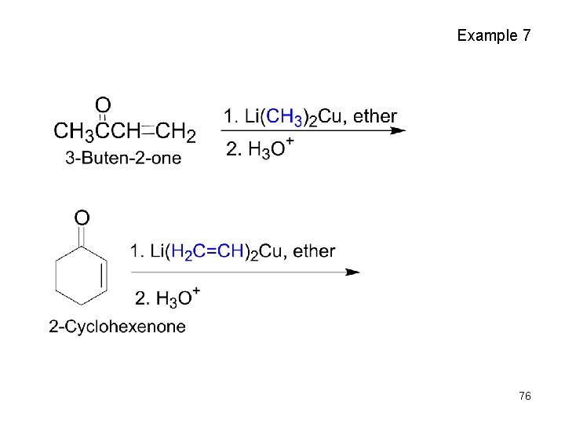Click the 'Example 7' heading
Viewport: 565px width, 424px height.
pos(494,35)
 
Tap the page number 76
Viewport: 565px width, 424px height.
pos(525,397)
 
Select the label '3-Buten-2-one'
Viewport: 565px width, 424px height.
pos(123,158)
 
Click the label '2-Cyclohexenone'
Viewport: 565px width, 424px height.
pos(117,327)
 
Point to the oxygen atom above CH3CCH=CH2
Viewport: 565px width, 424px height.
pos(103,104)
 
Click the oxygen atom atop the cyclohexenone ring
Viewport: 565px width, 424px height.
pos(81,217)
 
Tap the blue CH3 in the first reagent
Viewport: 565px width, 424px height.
pos(284,117)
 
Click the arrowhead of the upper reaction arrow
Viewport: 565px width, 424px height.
pos(398,130)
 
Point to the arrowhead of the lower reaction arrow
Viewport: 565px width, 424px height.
pos(353,272)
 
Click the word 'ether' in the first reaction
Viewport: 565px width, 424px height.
pos(374,116)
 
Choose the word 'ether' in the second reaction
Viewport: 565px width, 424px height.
pos(314,251)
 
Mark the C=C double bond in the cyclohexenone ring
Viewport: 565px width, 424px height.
pos(104,276)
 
